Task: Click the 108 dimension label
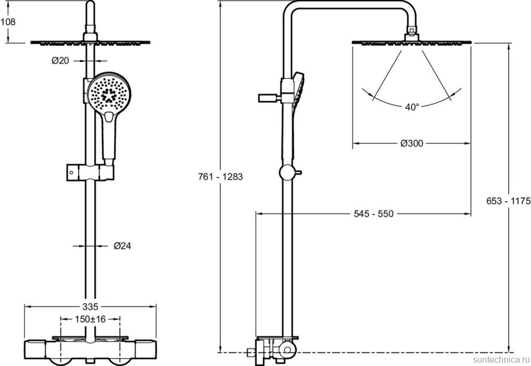click(8, 22)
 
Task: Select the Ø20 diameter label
click(60, 61)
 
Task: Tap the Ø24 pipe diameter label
click(122, 246)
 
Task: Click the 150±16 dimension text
click(90, 318)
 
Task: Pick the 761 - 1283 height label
click(220, 177)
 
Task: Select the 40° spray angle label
click(412, 107)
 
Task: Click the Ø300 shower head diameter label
click(412, 143)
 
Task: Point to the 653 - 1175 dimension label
click(508, 201)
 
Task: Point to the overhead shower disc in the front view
click(91, 42)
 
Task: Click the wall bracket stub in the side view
click(268, 98)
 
